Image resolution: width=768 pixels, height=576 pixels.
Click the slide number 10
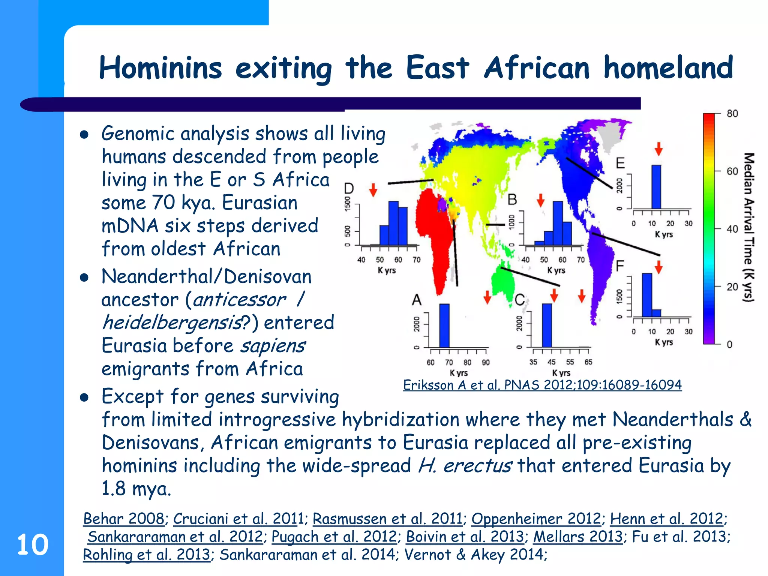(x=33, y=544)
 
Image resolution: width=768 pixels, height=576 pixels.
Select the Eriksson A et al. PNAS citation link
(x=542, y=385)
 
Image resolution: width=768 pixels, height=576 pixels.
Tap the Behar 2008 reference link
(x=123, y=519)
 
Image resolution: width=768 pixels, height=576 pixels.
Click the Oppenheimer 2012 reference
(x=536, y=519)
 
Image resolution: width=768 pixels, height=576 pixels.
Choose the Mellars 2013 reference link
(x=577, y=537)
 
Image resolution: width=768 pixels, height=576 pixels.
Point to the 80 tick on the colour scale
(x=732, y=114)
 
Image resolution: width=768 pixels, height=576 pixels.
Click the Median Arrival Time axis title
(x=748, y=227)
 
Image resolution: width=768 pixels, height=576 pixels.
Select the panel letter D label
(x=349, y=188)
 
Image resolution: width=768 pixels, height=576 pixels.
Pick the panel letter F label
(x=620, y=266)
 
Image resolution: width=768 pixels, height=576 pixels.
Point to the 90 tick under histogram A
(x=486, y=363)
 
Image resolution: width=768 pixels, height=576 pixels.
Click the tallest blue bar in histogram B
(x=558, y=223)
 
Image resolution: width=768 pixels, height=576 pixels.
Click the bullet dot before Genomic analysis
(x=84, y=135)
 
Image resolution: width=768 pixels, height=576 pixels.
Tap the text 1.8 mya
(x=136, y=489)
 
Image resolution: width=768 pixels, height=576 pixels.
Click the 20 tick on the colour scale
(x=732, y=287)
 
